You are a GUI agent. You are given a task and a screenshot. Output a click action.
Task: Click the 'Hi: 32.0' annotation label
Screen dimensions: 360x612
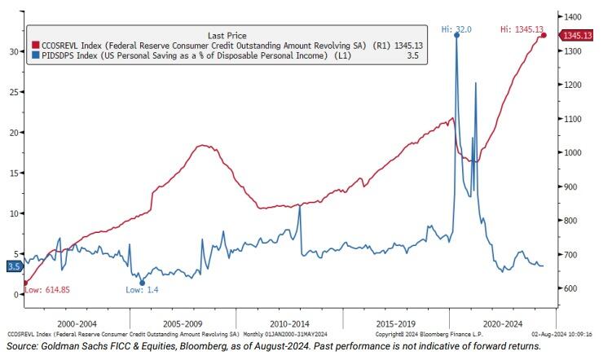coord(456,29)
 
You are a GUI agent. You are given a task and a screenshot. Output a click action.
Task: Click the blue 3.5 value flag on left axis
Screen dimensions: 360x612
coord(13,266)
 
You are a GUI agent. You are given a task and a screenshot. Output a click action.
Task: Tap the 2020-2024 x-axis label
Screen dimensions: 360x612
coord(503,322)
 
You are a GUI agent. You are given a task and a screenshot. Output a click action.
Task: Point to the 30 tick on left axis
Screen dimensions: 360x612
coord(12,51)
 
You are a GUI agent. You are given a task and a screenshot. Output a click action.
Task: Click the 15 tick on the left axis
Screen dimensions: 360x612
coord(12,173)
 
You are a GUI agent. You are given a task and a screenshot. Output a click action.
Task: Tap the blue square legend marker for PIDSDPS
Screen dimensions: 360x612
coord(35,59)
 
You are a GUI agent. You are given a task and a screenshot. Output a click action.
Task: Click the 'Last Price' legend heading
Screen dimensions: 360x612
coord(227,36)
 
